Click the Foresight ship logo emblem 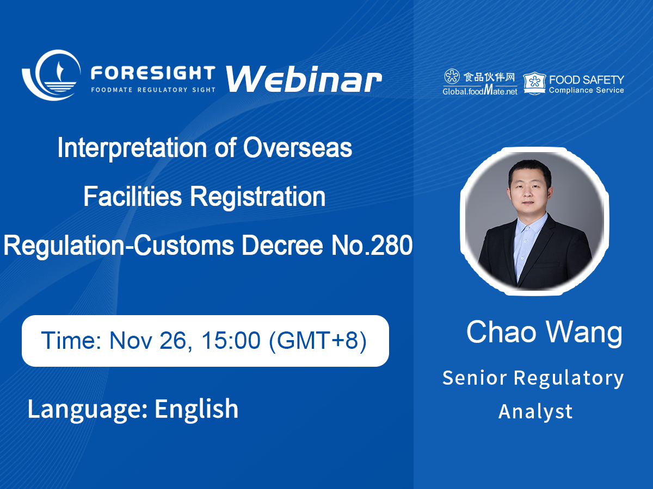click(51, 75)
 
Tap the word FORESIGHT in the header click(153, 73)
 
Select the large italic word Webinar click(304, 79)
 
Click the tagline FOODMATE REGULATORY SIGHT click(153, 90)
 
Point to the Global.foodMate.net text click(480, 90)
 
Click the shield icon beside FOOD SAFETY click(534, 84)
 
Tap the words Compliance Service click(587, 90)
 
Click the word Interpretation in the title click(132, 148)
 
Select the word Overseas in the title click(298, 148)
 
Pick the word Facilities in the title click(132, 196)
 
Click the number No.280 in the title click(372, 245)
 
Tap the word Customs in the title click(184, 245)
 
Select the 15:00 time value click(231, 340)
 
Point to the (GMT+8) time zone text click(317, 341)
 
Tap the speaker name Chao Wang click(544, 332)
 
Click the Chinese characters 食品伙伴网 click(489, 77)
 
